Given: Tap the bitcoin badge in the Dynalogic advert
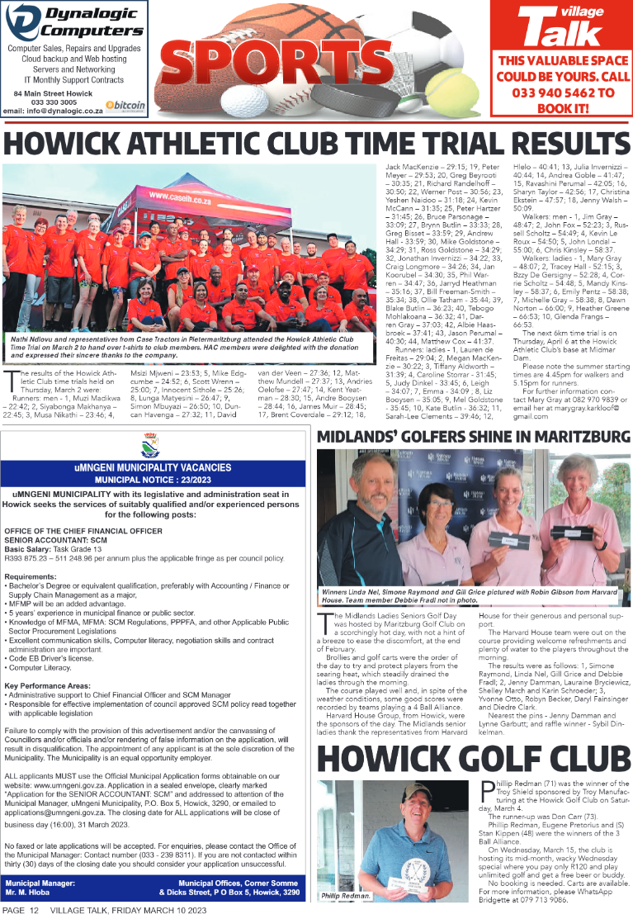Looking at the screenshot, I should [126, 106].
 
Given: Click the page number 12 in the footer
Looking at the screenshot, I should [34, 910].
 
